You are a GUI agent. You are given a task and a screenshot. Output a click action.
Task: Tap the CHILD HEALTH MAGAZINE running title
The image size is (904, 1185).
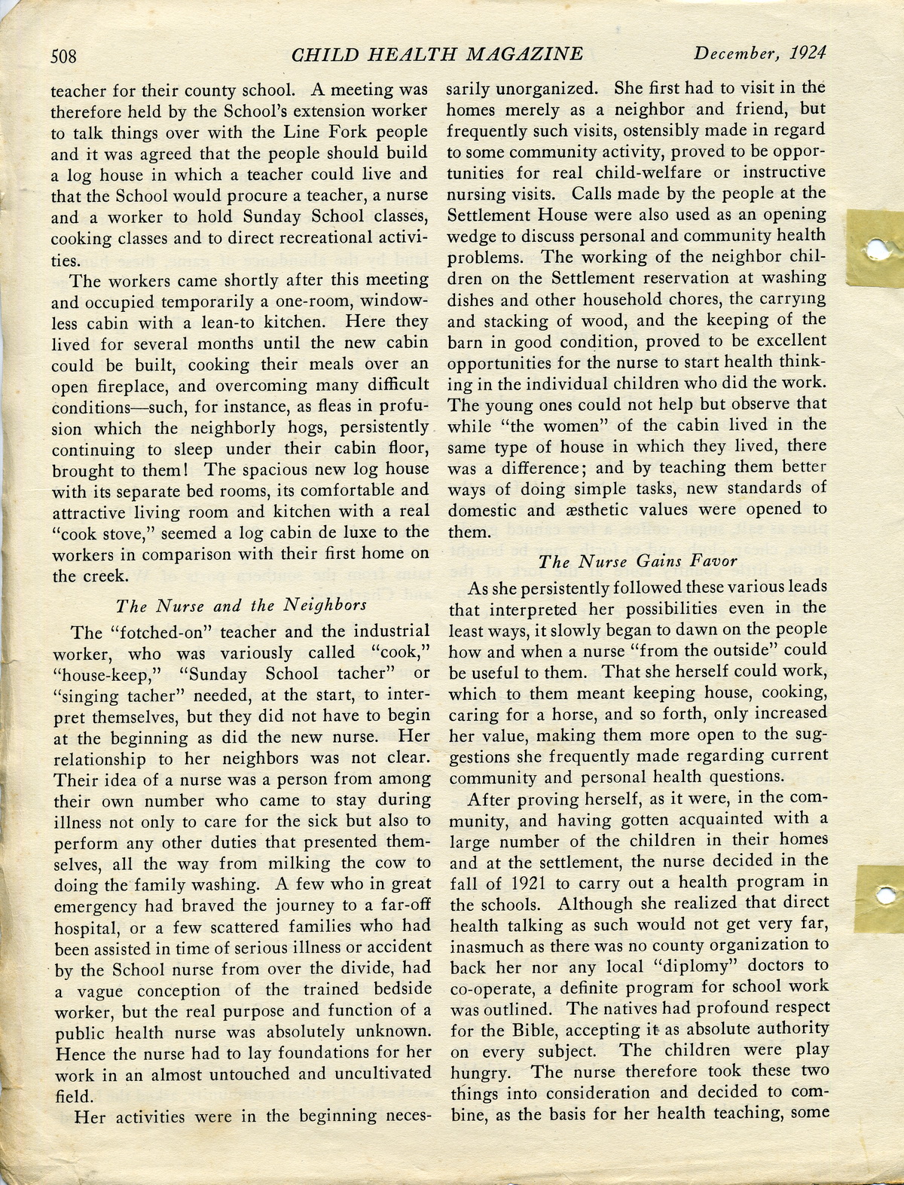tap(436, 54)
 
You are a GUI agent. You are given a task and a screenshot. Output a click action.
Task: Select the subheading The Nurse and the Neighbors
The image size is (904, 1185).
tap(241, 605)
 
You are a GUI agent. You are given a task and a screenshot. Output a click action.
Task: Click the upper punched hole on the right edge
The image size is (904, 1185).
tap(877, 248)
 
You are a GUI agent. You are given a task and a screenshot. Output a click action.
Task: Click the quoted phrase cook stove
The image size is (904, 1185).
tap(96, 533)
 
